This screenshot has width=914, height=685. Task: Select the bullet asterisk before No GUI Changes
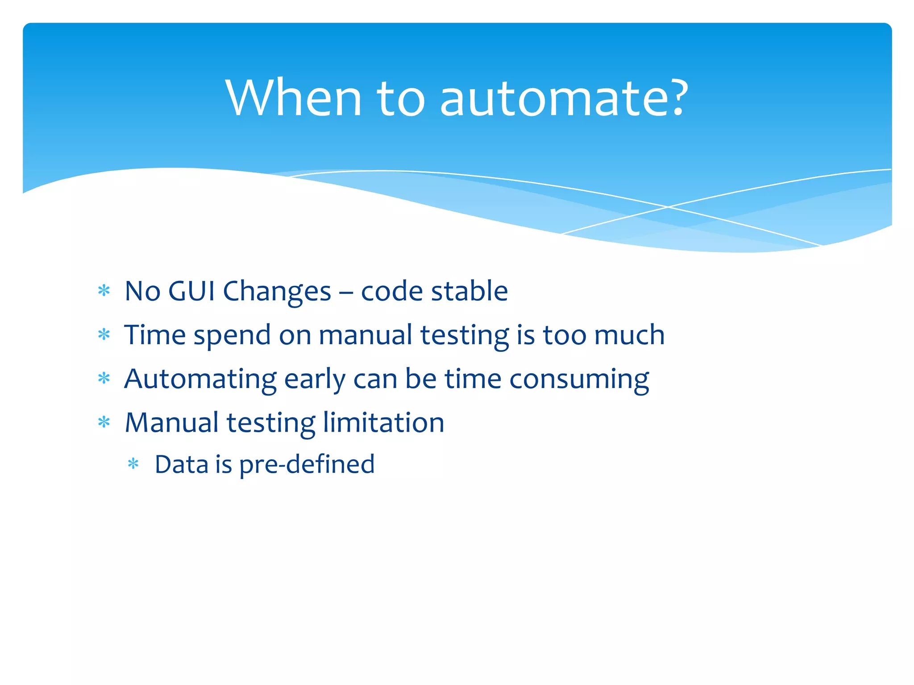tap(104, 291)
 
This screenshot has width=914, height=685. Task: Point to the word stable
tap(469, 291)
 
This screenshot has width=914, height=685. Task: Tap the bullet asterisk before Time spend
tap(104, 334)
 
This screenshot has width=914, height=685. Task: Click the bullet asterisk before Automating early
tap(104, 379)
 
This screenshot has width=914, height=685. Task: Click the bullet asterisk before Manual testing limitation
tap(104, 422)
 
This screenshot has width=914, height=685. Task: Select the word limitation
tap(383, 422)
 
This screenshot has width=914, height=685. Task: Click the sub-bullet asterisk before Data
tap(133, 464)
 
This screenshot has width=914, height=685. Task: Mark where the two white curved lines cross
tap(668, 206)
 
